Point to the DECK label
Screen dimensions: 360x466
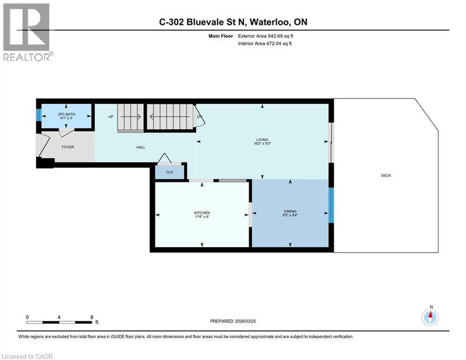point(385,175)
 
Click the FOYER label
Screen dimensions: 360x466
point(68,147)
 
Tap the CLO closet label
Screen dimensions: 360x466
point(170,172)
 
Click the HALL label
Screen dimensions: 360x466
point(141,147)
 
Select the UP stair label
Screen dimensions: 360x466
point(111,116)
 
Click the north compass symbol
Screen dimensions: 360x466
point(430,317)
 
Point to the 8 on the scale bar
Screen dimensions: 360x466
point(91,317)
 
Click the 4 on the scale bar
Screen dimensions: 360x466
point(59,317)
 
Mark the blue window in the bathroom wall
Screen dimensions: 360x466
point(39,115)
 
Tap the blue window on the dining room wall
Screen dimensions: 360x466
point(331,205)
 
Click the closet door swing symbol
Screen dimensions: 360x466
point(164,158)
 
